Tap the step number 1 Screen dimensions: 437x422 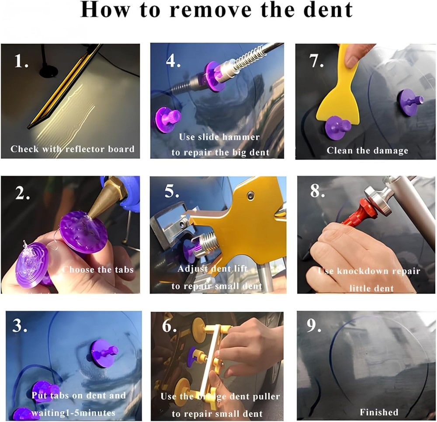pos(21,61)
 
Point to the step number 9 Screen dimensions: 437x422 pos(314,325)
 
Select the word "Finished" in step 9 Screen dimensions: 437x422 pos(379,412)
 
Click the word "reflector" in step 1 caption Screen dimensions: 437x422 pos(85,149)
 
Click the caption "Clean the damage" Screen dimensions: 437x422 pos(368,150)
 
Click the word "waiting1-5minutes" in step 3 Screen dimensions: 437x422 pos(73,413)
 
